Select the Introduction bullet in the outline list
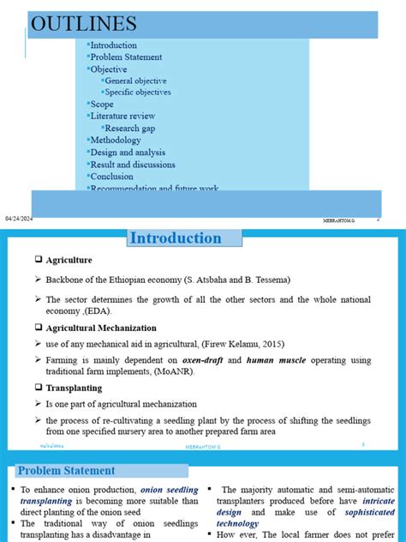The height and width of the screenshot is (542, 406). click(113, 45)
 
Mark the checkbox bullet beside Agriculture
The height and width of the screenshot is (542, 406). click(39, 260)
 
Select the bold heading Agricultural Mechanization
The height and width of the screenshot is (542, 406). click(101, 328)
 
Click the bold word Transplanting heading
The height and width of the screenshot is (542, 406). click(75, 388)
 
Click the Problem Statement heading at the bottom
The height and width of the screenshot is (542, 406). click(66, 470)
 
